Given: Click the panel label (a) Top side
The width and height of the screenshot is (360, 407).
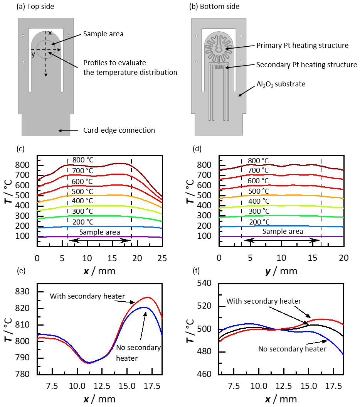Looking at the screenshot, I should point(34,7).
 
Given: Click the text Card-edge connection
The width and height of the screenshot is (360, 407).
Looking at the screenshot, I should point(119,130).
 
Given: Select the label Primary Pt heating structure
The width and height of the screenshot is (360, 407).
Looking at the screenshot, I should point(302,46).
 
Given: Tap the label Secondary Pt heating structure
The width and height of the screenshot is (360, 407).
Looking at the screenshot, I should point(306,65).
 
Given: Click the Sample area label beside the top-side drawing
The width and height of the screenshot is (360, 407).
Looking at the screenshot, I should point(103,34).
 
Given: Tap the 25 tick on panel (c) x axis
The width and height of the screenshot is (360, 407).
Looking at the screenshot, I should point(162,257).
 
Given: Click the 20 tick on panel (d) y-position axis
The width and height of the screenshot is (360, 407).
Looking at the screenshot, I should point(344,257).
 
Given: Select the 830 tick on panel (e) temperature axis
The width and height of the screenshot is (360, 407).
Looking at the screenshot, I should point(27,292).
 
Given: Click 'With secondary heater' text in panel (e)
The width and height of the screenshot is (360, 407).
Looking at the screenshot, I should point(87,296).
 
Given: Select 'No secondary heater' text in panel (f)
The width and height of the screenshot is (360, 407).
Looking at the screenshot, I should point(292,349).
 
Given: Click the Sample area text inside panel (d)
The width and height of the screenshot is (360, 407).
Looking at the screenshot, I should point(283,231).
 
